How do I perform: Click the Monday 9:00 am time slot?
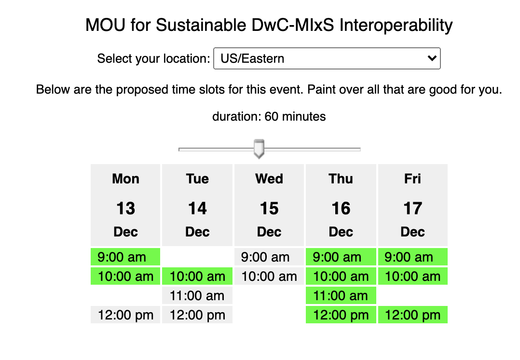point(125,257)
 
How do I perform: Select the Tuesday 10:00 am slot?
point(197,276)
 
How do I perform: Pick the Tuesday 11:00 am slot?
point(197,295)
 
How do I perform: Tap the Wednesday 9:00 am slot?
point(269,257)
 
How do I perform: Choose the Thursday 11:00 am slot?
point(341,295)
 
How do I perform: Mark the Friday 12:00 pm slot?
point(413,315)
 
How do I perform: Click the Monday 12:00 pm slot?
point(125,315)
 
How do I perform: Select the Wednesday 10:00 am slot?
point(269,276)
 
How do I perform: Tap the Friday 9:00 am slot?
point(413,257)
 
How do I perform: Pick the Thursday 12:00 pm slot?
point(341,315)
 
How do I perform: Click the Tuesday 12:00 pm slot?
point(197,315)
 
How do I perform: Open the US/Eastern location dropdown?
point(327,58)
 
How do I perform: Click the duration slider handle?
point(259,149)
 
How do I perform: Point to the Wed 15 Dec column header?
point(269,205)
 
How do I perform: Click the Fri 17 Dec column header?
point(413,205)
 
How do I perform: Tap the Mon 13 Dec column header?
point(125,205)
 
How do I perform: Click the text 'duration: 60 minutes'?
point(269,116)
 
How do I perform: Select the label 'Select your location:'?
point(153,59)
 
